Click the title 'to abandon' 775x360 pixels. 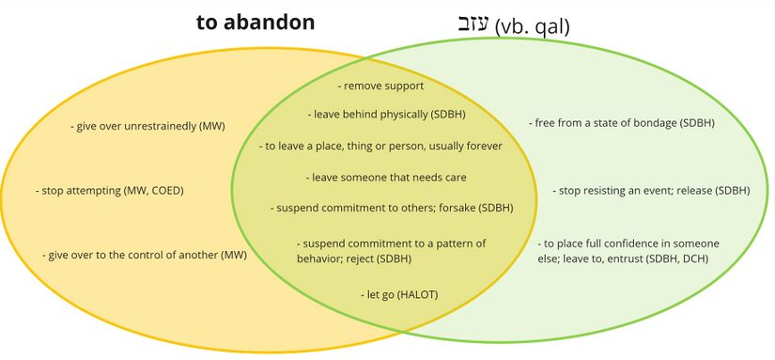click(255, 23)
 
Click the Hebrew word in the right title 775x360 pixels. click(476, 25)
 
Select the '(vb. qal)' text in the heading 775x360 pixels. click(532, 27)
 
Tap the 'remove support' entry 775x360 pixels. click(381, 86)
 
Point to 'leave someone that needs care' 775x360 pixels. click(386, 177)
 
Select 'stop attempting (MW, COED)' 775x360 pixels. click(109, 191)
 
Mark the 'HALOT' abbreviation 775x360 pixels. click(415, 295)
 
